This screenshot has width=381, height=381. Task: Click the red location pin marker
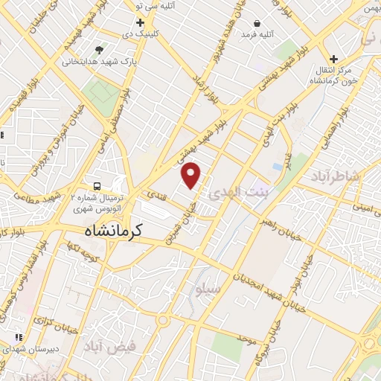(192, 176)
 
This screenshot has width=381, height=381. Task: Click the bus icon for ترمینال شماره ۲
(97, 185)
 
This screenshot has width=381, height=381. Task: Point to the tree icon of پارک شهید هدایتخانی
(100, 49)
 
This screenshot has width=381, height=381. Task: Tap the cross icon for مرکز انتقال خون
(333, 59)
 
